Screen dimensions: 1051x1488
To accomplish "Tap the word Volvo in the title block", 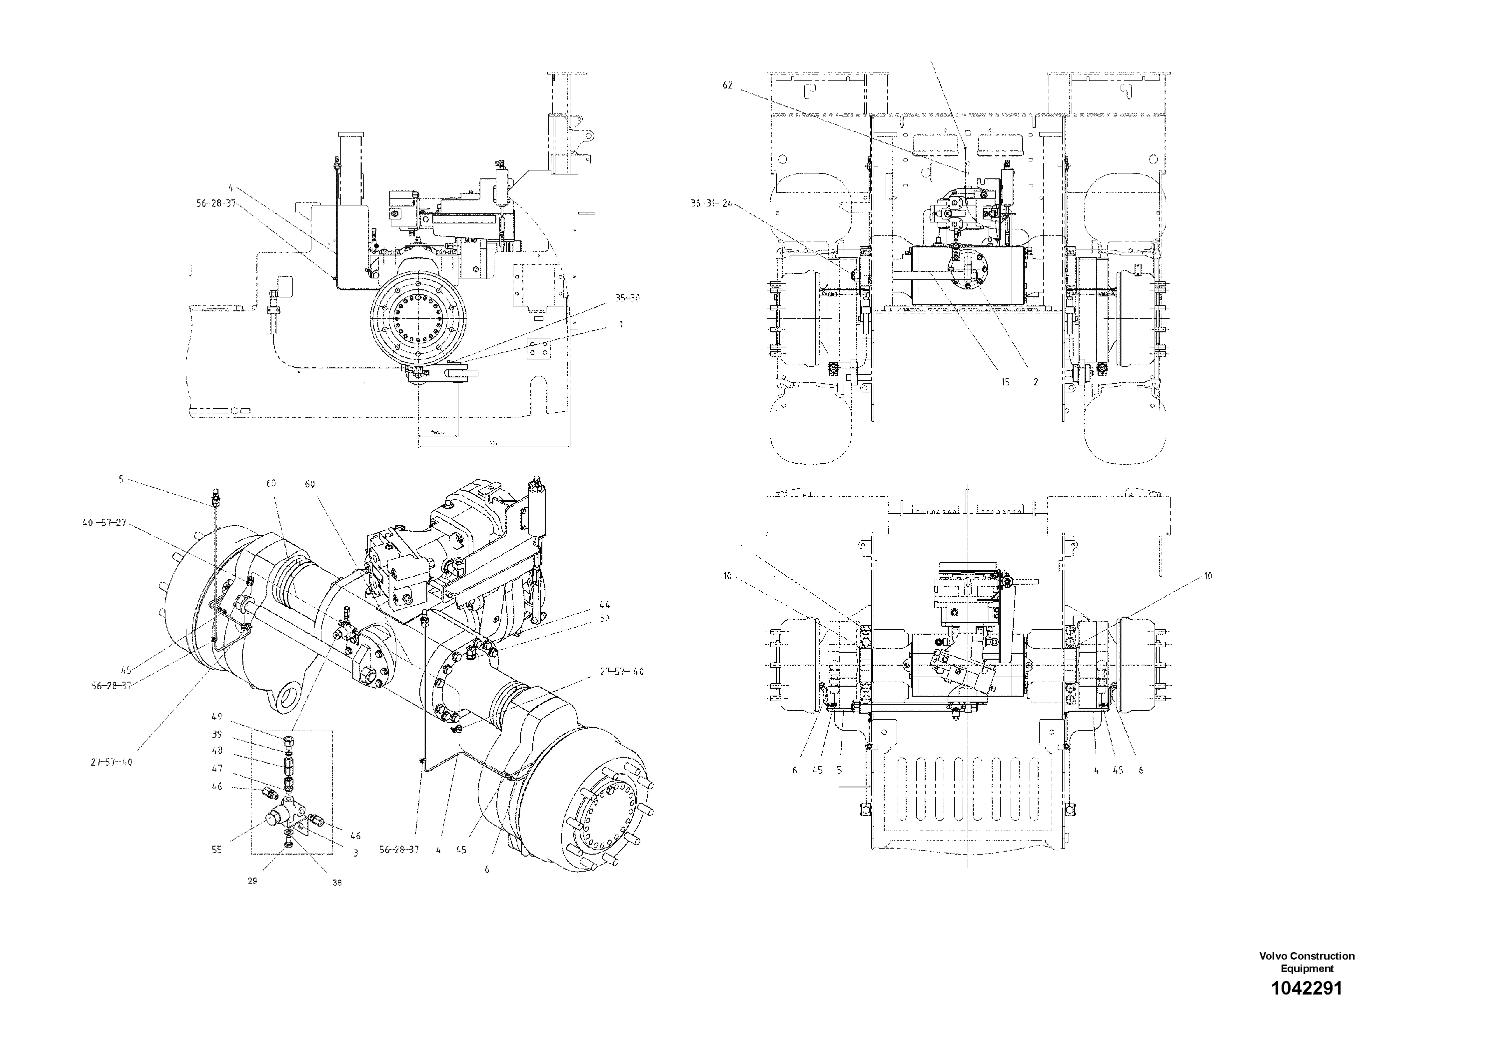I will (1274, 956).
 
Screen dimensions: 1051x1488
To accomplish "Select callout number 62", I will (727, 85).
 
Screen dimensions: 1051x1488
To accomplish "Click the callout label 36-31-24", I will (711, 203).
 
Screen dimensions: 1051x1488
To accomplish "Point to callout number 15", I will (1005, 382).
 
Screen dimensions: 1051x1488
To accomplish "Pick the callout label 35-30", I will (627, 298).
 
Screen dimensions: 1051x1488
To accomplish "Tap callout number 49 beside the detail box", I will (216, 717).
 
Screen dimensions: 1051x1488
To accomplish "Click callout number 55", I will (216, 850).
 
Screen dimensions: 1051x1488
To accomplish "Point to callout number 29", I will (253, 881).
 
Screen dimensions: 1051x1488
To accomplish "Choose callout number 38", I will (337, 883).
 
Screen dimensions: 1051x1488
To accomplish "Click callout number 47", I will (217, 769).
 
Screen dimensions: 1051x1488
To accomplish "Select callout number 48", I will (217, 751).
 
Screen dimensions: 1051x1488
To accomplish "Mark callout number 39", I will (217, 734).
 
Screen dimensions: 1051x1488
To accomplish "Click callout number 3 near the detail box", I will (356, 854).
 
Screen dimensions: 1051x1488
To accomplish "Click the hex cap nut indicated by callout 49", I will (289, 740).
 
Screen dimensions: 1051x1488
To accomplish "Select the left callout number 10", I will (728, 576).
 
